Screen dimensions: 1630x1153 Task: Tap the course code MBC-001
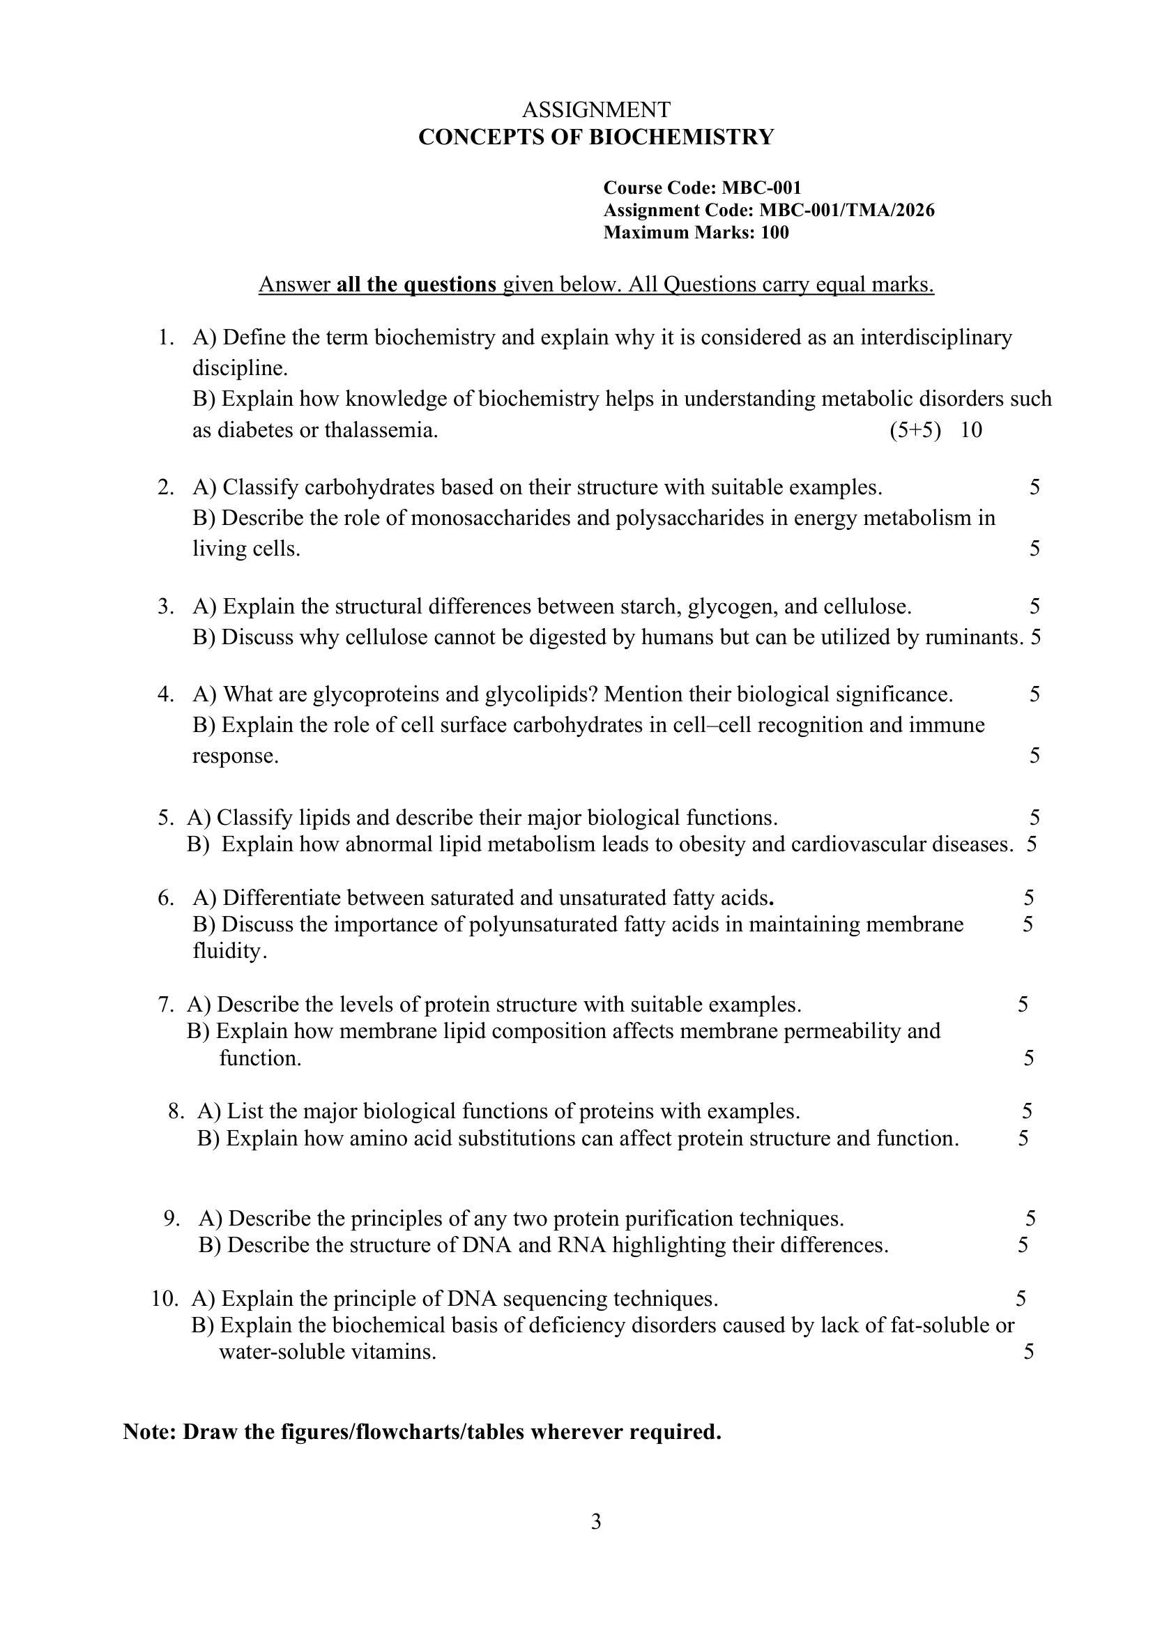(x=761, y=188)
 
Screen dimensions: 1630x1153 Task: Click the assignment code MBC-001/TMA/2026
(x=846, y=210)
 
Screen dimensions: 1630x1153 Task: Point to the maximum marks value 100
(x=774, y=233)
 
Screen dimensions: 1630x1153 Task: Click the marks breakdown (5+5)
(x=915, y=430)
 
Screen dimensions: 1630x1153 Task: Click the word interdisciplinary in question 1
(x=936, y=337)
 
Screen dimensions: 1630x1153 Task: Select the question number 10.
(x=164, y=1299)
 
